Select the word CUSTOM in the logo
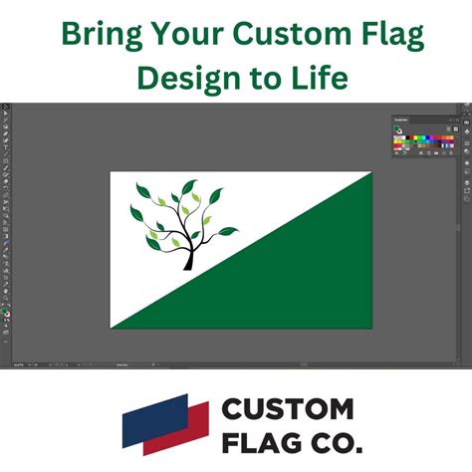(x=288, y=408)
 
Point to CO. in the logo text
(x=334, y=439)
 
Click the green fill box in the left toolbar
(x=5, y=312)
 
